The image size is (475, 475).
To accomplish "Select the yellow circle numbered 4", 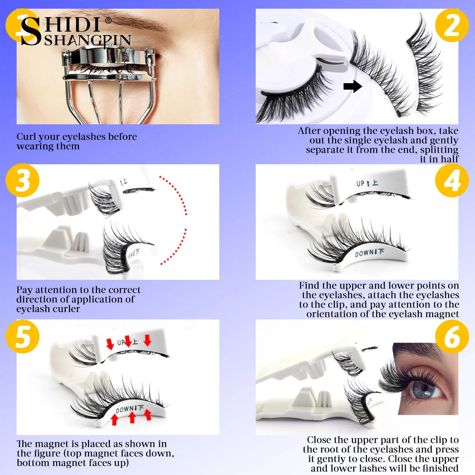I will pyautogui.click(x=452, y=180).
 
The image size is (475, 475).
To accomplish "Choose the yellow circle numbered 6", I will pyautogui.click(x=452, y=336).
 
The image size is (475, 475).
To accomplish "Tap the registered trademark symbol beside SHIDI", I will pyautogui.click(x=108, y=20).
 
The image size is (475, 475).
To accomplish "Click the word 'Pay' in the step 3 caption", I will pyautogui.click(x=25, y=290).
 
